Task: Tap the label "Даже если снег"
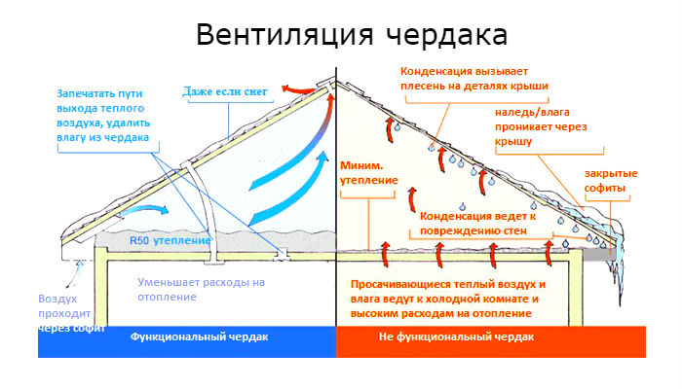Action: click(226, 92)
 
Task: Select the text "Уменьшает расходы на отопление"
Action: click(201, 290)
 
